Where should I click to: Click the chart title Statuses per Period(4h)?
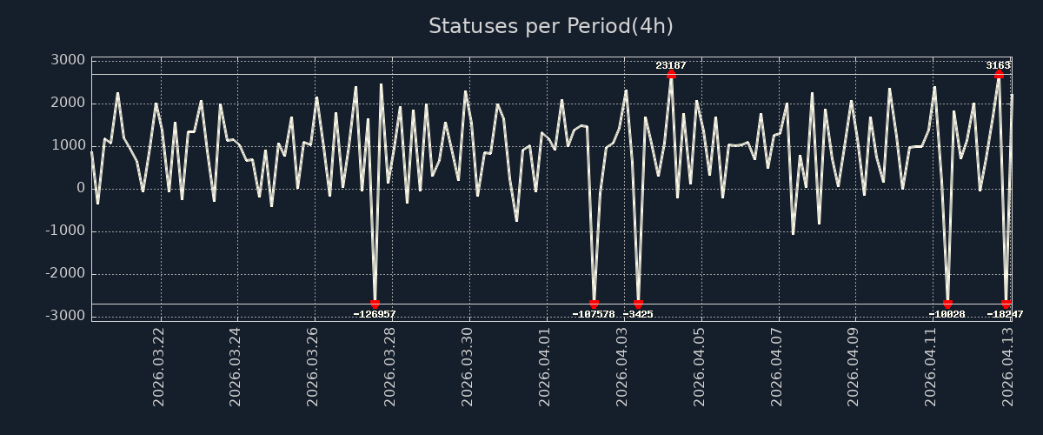(x=551, y=26)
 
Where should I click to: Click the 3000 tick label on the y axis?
(x=67, y=60)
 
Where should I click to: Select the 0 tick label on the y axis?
(x=79, y=188)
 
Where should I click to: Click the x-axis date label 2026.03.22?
(x=159, y=366)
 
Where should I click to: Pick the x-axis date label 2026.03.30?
(x=468, y=366)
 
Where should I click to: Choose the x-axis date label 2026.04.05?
(x=701, y=366)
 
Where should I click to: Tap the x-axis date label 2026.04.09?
(x=855, y=366)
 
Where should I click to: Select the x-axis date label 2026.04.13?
(x=1010, y=366)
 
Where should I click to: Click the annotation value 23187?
(x=671, y=65)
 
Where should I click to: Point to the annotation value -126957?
(x=375, y=314)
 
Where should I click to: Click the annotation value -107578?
(x=594, y=314)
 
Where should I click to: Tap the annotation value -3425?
(x=638, y=314)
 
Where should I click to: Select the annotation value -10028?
(x=947, y=314)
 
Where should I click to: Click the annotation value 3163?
(x=998, y=65)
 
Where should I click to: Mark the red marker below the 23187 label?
(x=671, y=74)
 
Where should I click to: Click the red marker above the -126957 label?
(x=375, y=304)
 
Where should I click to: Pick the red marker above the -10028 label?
(x=947, y=304)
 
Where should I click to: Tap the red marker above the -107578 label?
(x=594, y=304)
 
